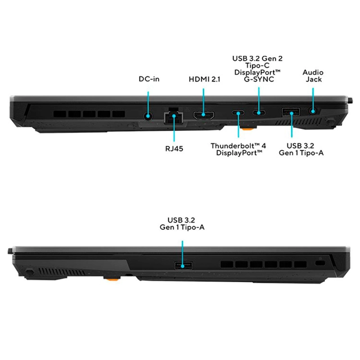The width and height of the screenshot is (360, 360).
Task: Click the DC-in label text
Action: tap(149, 79)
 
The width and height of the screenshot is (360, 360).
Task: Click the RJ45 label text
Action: tap(174, 148)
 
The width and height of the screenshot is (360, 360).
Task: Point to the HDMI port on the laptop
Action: tap(204, 115)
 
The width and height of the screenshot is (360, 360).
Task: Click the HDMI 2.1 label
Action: tap(204, 79)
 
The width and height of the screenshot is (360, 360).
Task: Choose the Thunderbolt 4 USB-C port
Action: tap(238, 113)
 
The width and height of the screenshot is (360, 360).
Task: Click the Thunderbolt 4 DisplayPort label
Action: tap(238, 149)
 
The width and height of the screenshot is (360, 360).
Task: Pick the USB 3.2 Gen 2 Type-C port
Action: tap(259, 113)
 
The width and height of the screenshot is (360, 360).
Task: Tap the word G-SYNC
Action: tap(259, 80)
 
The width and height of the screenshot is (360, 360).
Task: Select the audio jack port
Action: tap(313, 111)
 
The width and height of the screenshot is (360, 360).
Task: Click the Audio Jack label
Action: tap(313, 76)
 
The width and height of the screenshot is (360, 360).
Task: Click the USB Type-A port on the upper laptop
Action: tap(291, 112)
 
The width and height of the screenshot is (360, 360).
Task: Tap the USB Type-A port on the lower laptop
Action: tap(183, 266)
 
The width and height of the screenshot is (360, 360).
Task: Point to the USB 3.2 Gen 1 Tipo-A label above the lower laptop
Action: tap(182, 224)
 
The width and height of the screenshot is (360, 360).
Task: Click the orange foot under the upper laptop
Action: tap(248, 130)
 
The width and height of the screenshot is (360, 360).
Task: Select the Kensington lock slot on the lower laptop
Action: tap(320, 262)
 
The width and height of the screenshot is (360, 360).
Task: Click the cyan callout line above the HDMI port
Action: tap(203, 101)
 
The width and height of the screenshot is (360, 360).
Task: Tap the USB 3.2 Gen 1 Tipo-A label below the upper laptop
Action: tap(301, 149)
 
